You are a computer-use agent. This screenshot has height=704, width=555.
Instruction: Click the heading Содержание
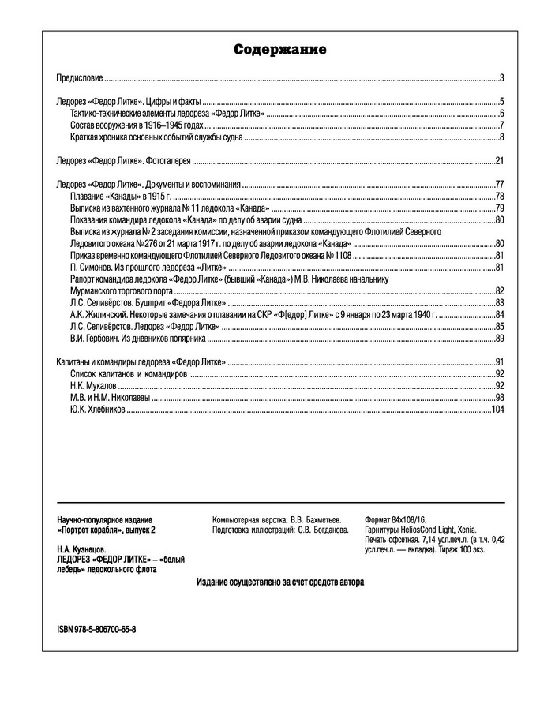coord(279,50)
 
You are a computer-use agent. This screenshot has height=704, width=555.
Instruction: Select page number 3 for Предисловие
coord(501,78)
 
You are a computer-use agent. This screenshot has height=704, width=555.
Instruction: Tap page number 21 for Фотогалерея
coord(499,161)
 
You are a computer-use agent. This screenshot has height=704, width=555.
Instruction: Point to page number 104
coord(497,410)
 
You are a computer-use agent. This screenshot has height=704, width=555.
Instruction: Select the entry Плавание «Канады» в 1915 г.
coord(119,195)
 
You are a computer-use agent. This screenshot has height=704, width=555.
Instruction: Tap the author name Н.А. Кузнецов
coord(81,549)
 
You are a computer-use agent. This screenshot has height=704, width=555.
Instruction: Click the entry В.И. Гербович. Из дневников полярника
coord(137,339)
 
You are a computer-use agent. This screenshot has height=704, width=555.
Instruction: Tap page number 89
coord(499,339)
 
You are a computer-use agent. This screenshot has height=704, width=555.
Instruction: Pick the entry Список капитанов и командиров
coord(129,373)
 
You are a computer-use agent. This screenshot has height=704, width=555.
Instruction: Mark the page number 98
coord(499,398)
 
